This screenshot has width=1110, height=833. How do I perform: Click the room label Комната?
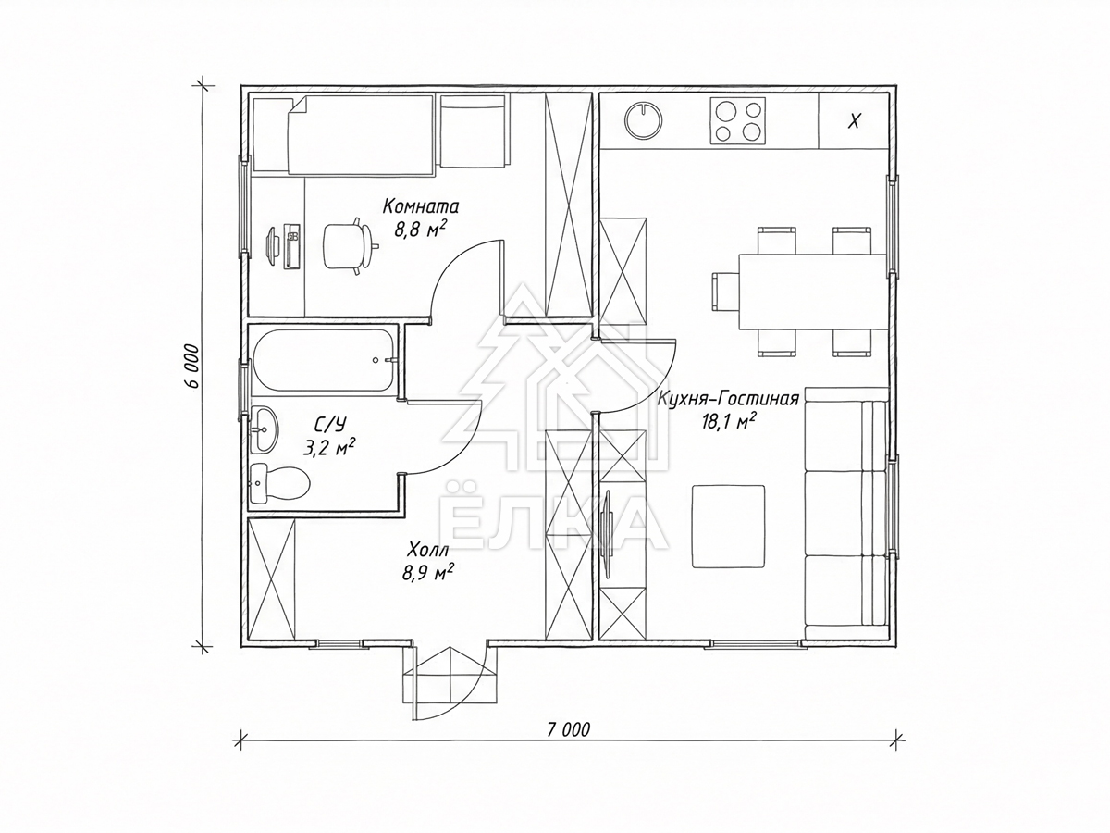point(421,206)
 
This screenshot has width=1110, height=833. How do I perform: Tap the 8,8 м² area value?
point(420,230)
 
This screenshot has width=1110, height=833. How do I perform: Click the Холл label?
point(428,550)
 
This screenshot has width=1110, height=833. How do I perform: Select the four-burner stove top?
point(738,121)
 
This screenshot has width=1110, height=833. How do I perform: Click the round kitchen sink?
point(643,121)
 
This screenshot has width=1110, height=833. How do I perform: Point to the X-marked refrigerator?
point(854,120)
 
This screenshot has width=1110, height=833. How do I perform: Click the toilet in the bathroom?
point(279,483)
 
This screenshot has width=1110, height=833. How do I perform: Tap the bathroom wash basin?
point(264,429)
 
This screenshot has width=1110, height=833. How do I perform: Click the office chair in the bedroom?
point(349,245)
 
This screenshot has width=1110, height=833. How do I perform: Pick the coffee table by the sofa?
point(728,526)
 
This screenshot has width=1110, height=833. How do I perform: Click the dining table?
point(814,292)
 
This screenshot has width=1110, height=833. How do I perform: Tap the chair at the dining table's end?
point(726,292)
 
